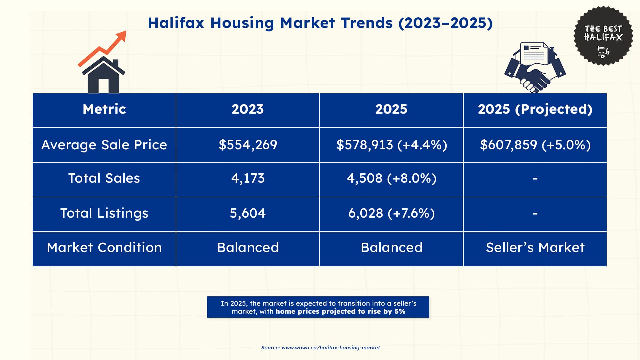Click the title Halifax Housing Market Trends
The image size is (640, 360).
point(320,23)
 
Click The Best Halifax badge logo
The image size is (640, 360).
point(603,36)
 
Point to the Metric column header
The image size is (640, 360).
point(104,109)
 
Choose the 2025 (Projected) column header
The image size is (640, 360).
point(535,109)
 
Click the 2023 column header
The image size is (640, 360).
point(248,109)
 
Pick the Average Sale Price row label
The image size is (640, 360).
point(104,145)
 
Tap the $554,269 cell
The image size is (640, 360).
point(248,145)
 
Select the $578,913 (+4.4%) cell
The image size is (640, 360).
point(391,145)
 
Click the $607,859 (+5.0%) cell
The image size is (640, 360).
point(535,145)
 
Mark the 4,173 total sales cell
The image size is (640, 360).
point(248,178)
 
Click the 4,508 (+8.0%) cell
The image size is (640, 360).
point(391,178)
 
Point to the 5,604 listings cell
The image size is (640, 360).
point(248,213)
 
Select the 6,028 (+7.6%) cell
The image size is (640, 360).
point(391,213)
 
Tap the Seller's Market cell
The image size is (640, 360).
point(535,248)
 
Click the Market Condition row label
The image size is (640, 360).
point(104,248)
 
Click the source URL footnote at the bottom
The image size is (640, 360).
point(320,348)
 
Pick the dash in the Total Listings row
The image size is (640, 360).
point(535,213)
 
